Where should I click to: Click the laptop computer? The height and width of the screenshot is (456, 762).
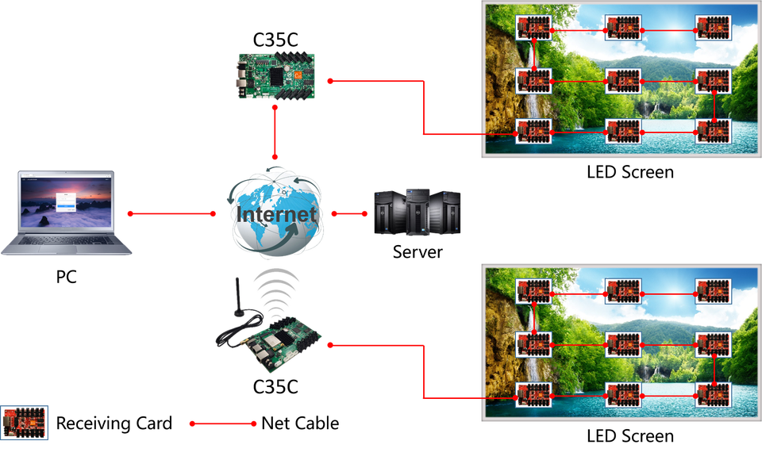pyautogui.click(x=67, y=213)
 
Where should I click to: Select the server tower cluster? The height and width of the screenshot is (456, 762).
pyautogui.click(x=418, y=212)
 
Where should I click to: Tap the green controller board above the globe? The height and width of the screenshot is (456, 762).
pyautogui.click(x=275, y=76)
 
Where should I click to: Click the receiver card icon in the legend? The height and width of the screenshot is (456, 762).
pyautogui.click(x=25, y=422)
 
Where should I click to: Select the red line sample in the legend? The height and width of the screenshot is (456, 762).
pyautogui.click(x=222, y=423)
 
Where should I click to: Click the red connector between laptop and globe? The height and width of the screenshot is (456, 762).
pyautogui.click(x=171, y=214)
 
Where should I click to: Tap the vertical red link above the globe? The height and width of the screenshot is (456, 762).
pyautogui.click(x=275, y=133)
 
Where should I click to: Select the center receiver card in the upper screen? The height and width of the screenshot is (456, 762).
pyautogui.click(x=623, y=81)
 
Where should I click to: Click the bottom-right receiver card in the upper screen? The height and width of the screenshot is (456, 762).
pyautogui.click(x=714, y=132)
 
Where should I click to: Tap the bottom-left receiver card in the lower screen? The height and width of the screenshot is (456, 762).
pyautogui.click(x=534, y=394)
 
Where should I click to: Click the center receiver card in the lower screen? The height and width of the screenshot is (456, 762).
pyautogui.click(x=623, y=344)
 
